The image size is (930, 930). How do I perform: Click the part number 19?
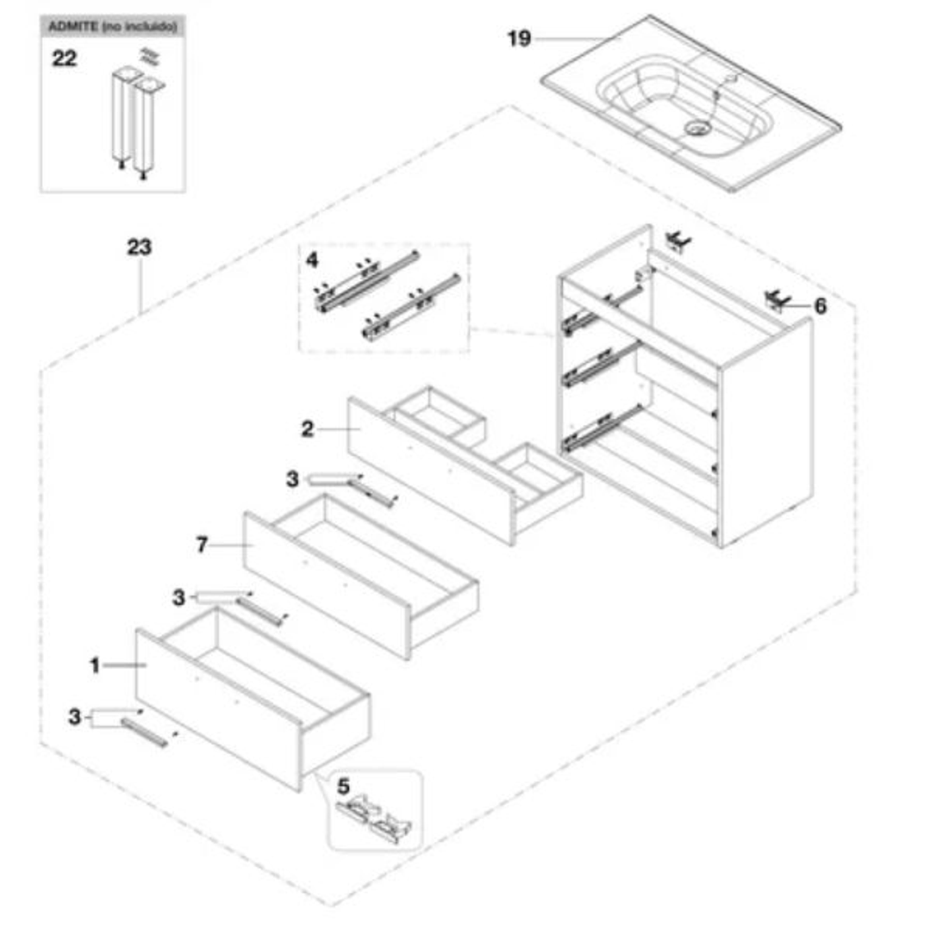tap(519, 39)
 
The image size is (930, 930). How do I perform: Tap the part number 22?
tap(65, 59)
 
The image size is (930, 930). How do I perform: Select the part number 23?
tap(139, 248)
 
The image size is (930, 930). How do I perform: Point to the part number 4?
tap(312, 259)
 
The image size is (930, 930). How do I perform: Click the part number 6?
tap(820, 306)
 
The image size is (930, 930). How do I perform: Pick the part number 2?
tap(308, 429)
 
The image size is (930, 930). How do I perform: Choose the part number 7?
tap(203, 545)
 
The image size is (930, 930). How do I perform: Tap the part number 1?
tap(95, 665)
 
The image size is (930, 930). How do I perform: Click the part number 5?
tap(343, 786)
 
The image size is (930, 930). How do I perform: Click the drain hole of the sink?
tap(696, 128)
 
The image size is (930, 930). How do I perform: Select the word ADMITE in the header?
tap(72, 28)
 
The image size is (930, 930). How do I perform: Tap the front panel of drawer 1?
tap(215, 707)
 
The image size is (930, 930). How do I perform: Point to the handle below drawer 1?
tap(145, 732)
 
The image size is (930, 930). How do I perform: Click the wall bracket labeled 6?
tap(777, 299)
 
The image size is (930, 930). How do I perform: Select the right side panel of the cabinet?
tap(765, 431)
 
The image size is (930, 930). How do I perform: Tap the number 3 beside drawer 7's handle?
tap(178, 596)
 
